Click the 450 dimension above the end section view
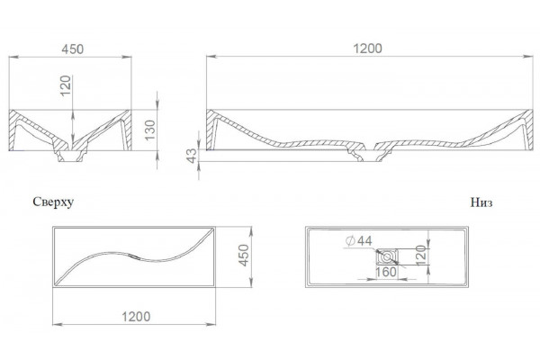click(x=73, y=49)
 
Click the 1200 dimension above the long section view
click(x=368, y=49)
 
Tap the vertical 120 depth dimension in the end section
click(x=65, y=85)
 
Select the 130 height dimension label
click(x=150, y=130)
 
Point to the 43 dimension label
click(x=192, y=156)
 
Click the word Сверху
click(x=53, y=202)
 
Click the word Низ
click(x=481, y=202)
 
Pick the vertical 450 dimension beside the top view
click(x=244, y=256)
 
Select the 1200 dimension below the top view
click(x=136, y=316)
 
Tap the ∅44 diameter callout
click(x=358, y=241)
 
